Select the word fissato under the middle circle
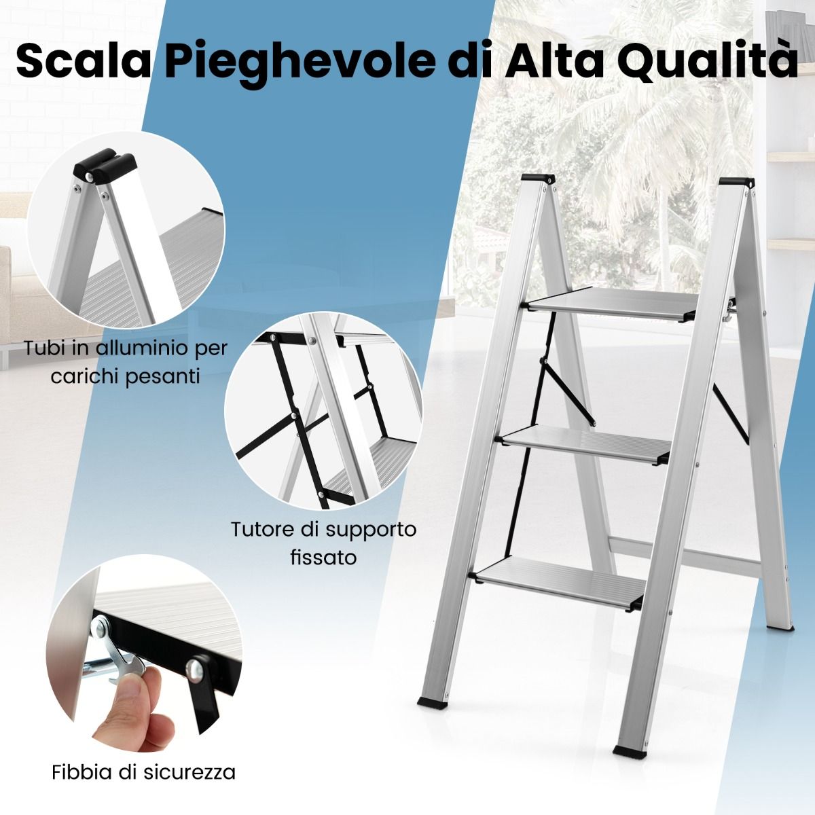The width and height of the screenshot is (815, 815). point(323,558)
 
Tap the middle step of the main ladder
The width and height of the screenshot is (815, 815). point(585,447)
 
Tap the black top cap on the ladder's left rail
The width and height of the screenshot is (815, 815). point(538,179)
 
